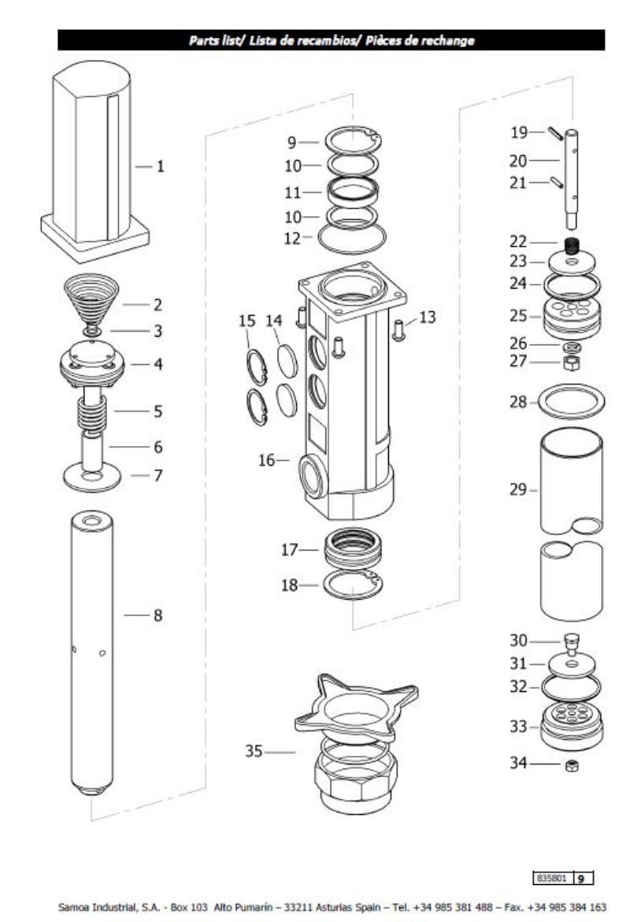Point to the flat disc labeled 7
92,478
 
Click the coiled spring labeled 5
93,411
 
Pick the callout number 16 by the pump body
268,460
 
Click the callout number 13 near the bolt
428,317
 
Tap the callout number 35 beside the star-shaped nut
254,753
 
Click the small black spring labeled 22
572,244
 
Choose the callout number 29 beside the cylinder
517,490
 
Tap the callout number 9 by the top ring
291,143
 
